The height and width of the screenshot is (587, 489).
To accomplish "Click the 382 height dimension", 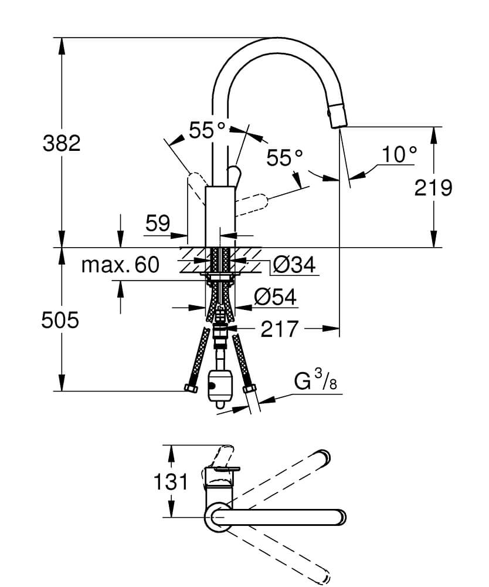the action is (62, 143).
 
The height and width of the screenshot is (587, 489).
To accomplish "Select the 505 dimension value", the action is (60, 321).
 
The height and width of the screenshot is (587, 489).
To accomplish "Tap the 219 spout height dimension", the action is (433, 188).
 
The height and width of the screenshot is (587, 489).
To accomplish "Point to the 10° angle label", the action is (399, 154).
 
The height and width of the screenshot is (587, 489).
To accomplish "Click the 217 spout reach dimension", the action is (279, 329).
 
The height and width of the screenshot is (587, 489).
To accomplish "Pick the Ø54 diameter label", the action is (276, 297).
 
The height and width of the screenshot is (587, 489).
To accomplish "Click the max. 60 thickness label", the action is (120, 265).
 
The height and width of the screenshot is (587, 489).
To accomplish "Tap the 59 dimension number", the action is (158, 223).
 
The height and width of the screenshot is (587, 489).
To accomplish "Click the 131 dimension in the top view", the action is (171, 482).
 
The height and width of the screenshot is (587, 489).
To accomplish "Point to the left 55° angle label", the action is (208, 130).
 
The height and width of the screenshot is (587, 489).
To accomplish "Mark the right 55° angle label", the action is (284, 157).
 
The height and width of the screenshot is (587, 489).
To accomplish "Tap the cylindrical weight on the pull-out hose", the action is (219, 389).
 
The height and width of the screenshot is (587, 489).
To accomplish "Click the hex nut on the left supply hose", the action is (192, 388).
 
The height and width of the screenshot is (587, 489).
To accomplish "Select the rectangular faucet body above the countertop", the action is (220, 217).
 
